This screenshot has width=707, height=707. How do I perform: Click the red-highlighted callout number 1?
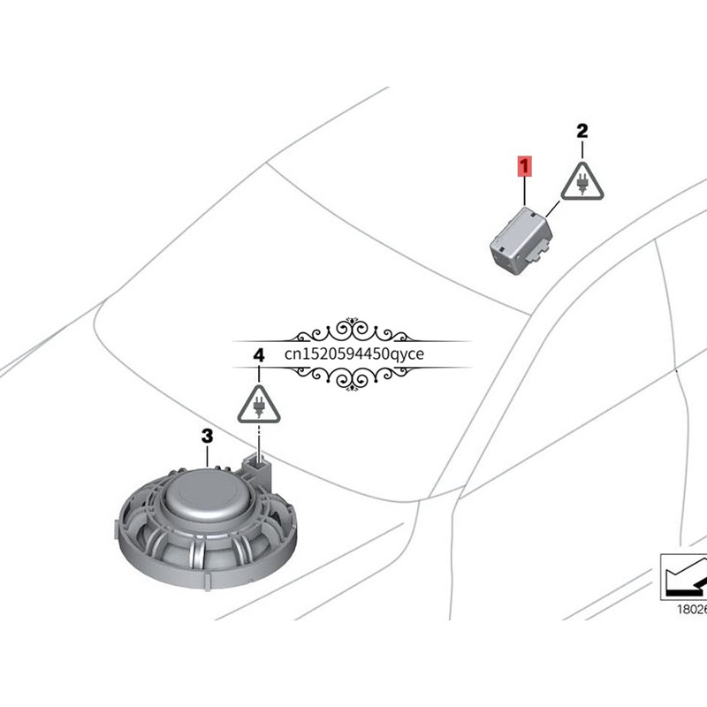click(524, 165)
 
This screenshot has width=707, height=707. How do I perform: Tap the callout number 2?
click(582, 131)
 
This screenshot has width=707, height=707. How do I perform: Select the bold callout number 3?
click(207, 436)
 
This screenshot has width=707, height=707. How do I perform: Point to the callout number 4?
click(259, 356)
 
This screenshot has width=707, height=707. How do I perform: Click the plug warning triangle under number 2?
click(582, 182)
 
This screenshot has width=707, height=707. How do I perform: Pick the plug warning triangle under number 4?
click(259, 405)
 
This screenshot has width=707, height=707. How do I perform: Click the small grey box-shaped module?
click(521, 240)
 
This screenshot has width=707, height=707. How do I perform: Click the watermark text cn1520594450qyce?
click(354, 354)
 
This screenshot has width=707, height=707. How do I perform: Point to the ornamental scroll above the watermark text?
click(352, 331)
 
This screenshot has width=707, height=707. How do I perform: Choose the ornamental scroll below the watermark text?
click(352, 377)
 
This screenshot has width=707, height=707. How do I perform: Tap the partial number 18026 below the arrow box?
click(692, 610)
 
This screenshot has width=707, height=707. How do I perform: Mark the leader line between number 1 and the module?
click(524, 192)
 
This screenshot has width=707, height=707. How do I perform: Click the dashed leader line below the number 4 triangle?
click(259, 439)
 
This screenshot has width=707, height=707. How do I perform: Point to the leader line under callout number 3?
click(207, 456)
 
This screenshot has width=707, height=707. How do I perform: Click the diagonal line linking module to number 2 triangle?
click(553, 209)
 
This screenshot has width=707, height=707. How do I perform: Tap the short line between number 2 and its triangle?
click(582, 150)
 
